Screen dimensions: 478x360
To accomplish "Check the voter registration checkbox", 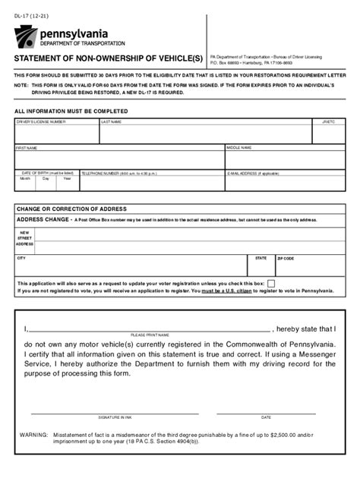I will (271, 283).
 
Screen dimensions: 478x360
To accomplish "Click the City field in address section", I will (129, 266).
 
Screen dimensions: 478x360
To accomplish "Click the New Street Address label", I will (24, 238).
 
